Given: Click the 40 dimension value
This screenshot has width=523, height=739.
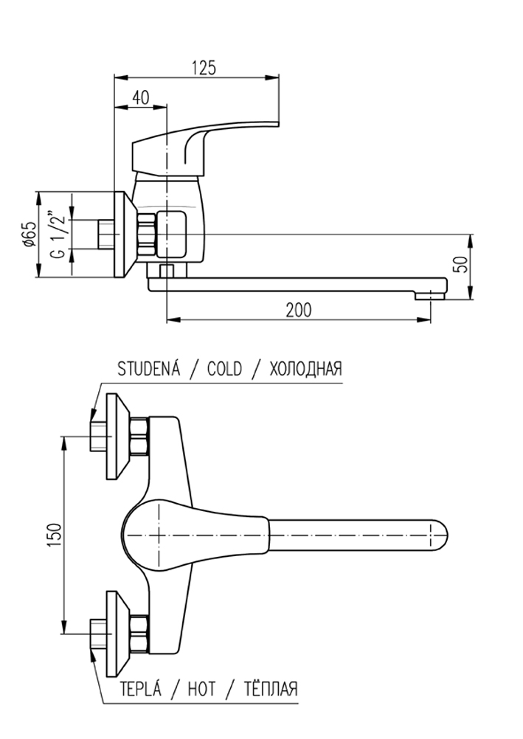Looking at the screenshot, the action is [141, 97].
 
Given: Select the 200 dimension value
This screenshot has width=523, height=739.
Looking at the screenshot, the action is [299, 310].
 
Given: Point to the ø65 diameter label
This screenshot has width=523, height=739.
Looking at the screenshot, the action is [30, 234].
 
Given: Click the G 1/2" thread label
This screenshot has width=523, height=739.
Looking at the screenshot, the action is [58, 234].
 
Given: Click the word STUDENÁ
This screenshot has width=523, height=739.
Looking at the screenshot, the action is [149, 368].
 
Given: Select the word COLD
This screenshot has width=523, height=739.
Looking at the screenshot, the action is [224, 369].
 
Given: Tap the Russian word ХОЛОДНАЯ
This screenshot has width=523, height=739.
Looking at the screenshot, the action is [305, 369].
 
